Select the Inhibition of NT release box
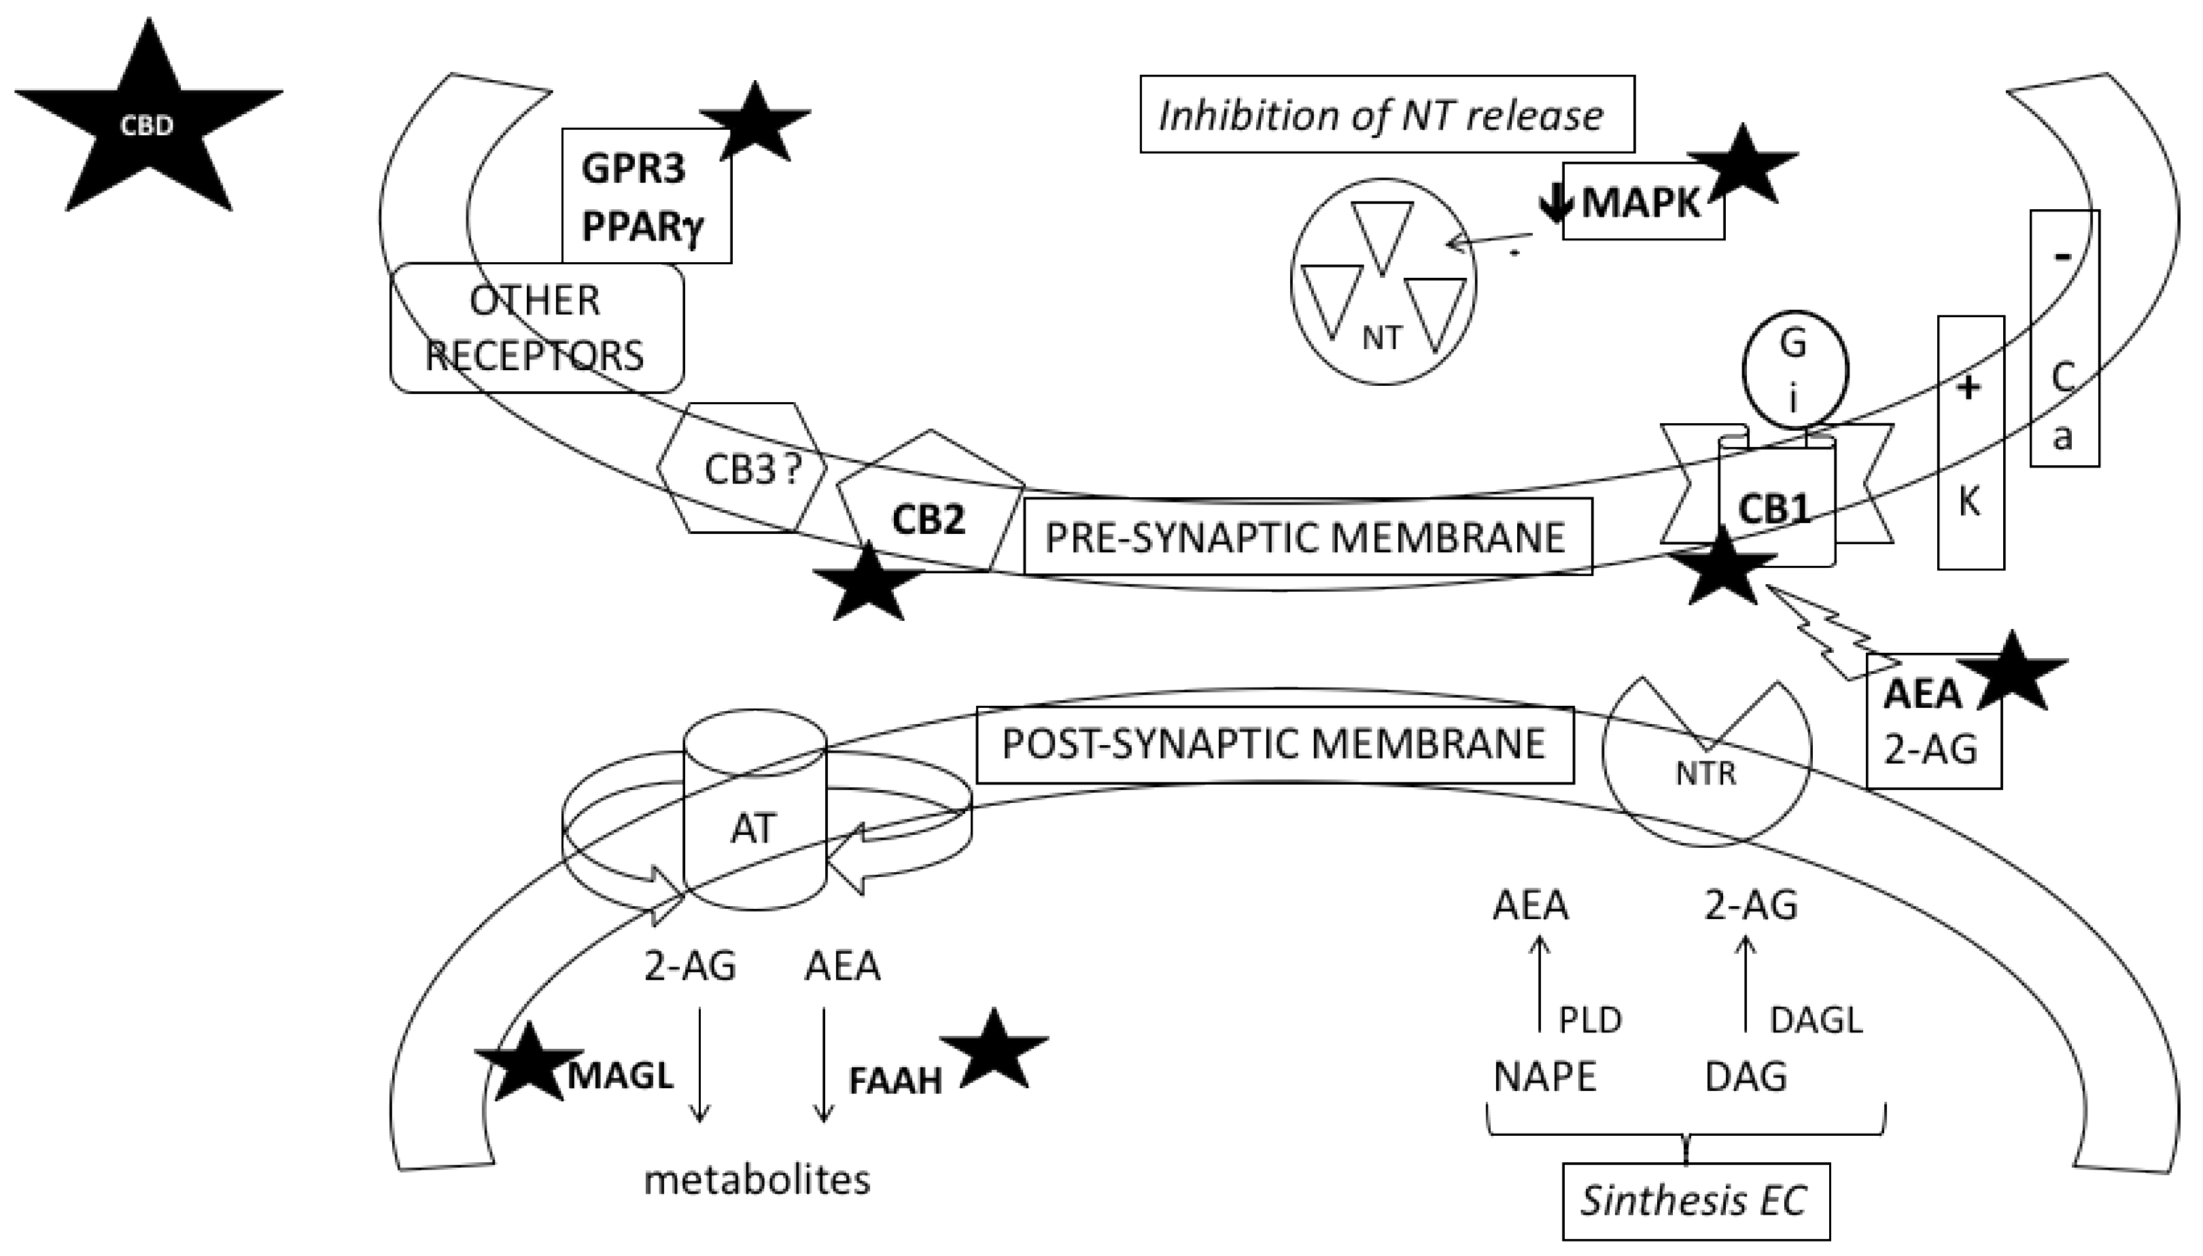(x=1387, y=115)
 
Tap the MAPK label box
(x=1642, y=202)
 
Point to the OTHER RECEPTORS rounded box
(x=536, y=329)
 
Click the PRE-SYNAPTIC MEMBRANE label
(x=1306, y=537)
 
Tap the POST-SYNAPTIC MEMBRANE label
(x=1274, y=744)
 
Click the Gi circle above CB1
(x=1794, y=370)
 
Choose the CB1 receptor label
(x=1773, y=509)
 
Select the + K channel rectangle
(x=1970, y=442)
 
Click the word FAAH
(x=895, y=1081)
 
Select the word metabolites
(x=757, y=1180)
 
